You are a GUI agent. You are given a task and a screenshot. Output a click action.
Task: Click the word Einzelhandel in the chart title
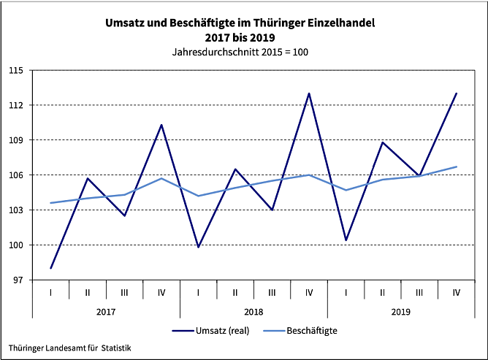339,23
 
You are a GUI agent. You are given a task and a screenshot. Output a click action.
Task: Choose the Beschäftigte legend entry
310,330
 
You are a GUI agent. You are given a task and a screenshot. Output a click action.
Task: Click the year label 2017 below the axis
106,312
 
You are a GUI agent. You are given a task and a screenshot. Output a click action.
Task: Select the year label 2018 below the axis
253,312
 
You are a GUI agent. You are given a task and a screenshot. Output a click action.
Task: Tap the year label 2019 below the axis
401,312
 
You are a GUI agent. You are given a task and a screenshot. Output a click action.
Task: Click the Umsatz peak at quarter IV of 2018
309,93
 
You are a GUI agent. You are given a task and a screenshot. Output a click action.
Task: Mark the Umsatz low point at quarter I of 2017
50,268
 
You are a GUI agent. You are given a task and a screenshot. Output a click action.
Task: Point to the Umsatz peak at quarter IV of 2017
161,125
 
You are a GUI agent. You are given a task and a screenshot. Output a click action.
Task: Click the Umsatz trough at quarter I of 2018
198,247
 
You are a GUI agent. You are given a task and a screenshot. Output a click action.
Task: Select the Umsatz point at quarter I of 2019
346,240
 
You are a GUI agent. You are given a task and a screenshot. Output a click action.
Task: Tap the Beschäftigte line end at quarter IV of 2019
457,166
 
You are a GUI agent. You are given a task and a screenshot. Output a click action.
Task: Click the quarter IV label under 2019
456,292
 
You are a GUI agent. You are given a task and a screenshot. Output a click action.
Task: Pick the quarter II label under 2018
235,292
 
